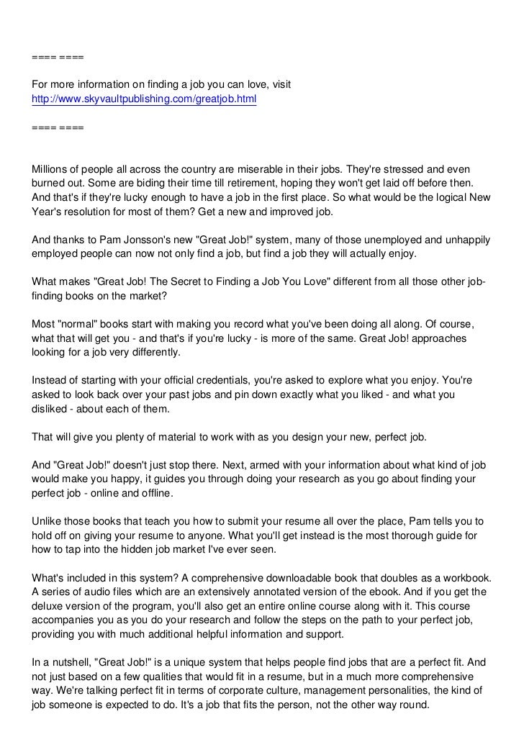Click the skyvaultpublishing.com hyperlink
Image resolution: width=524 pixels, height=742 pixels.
tap(144, 98)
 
